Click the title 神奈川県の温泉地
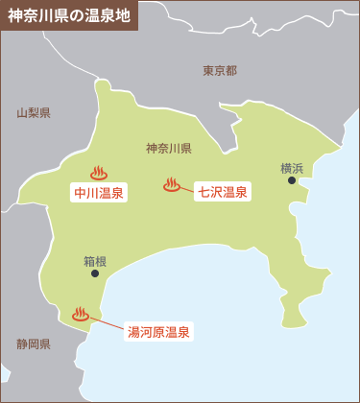pyautogui.click(x=69, y=16)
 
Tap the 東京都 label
pyautogui.click(x=220, y=70)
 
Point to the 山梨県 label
pyautogui.click(x=34, y=113)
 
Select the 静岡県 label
pyautogui.click(x=34, y=343)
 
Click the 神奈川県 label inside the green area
pyautogui.click(x=169, y=149)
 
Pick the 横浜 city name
pyautogui.click(x=292, y=168)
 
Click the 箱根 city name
pyautogui.click(x=95, y=260)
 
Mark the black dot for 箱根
pyautogui.click(x=94, y=273)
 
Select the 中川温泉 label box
pyautogui.click(x=99, y=192)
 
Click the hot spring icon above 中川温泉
pyautogui.click(x=98, y=174)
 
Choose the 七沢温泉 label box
pyautogui.click(x=223, y=192)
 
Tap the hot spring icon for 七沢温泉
pyautogui.click(x=173, y=184)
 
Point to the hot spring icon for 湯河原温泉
pyautogui.click(x=81, y=314)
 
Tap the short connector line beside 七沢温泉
pyautogui.click(x=188, y=188)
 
